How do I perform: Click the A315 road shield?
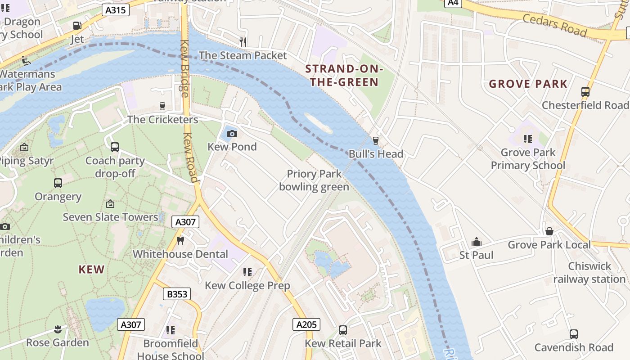[116, 10]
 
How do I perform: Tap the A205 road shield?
[307, 324]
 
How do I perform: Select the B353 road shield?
[176, 294]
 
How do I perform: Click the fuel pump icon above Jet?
[77, 26]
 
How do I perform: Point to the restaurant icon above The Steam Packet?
[243, 42]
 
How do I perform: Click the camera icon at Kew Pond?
[232, 134]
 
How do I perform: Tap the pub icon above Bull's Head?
[375, 141]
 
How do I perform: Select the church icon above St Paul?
[476, 242]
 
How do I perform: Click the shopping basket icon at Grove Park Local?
[549, 231]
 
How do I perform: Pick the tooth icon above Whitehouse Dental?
[180, 240]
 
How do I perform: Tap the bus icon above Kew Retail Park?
[343, 330]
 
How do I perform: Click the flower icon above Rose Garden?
[57, 329]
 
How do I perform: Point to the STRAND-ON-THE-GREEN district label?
[344, 76]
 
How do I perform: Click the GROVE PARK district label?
[528, 84]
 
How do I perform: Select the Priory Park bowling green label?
[314, 180]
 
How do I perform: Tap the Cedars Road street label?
[554, 25]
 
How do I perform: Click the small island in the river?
[318, 123]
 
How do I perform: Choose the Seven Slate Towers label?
[110, 217]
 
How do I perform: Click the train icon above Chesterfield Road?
[585, 92]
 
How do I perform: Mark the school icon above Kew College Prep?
[247, 272]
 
